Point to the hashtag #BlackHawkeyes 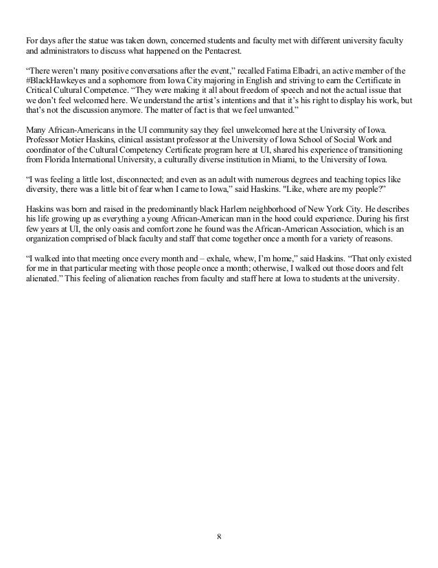tap(49, 81)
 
